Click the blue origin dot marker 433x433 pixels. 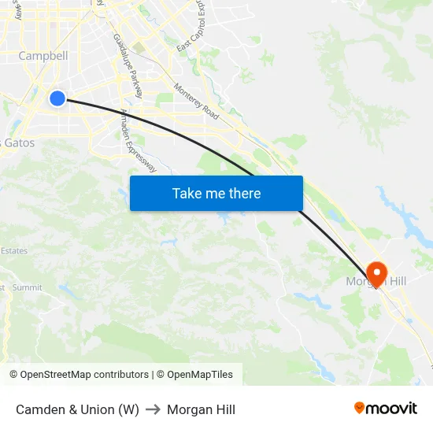[x=57, y=98]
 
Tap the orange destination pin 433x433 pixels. [x=377, y=273]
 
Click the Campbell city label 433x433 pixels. [x=43, y=56]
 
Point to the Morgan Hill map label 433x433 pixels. [x=376, y=282]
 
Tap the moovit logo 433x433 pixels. [x=386, y=409]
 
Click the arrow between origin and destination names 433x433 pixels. [x=153, y=409]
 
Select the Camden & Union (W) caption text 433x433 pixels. [x=77, y=409]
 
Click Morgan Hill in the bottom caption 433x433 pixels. [x=201, y=409]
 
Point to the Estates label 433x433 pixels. [x=14, y=251]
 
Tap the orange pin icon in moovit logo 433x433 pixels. [x=360, y=408]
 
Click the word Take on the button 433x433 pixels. [x=187, y=193]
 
